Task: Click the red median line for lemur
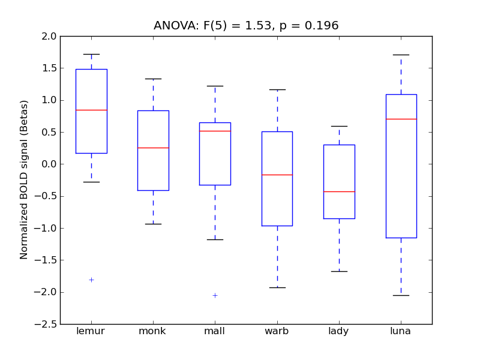tap(91, 110)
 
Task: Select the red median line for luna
tap(401, 119)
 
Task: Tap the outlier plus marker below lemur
tap(91, 280)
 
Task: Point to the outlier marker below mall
tap(215, 295)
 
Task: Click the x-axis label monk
tap(152, 331)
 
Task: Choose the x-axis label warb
tap(277, 331)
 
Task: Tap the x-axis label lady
tap(338, 331)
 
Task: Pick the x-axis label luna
tap(401, 331)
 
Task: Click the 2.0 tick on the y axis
tap(49, 36)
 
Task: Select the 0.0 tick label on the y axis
tap(49, 164)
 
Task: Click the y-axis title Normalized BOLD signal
tap(25, 180)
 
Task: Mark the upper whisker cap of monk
tap(153, 79)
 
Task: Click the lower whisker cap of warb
tap(277, 287)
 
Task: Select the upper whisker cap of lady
tap(339, 126)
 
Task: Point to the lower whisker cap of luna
tap(401, 295)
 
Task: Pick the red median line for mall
tap(215, 131)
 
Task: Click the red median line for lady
tap(339, 191)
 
